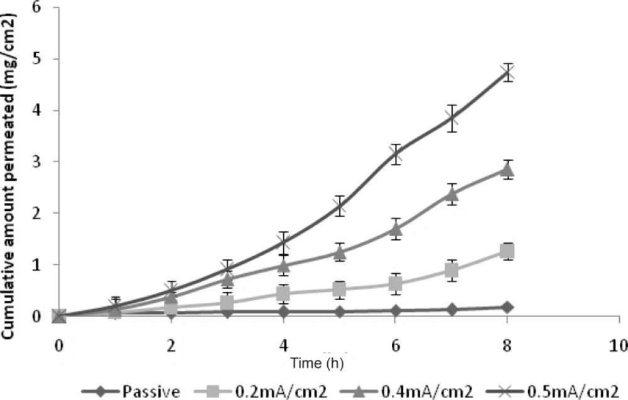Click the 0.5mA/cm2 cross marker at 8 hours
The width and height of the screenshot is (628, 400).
tap(507, 73)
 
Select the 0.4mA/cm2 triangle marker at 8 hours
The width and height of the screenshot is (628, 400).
tap(507, 170)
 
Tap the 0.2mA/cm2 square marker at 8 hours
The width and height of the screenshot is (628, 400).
tap(507, 251)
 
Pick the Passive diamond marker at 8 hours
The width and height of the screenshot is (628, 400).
tap(507, 307)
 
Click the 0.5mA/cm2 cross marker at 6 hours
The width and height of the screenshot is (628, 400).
tap(396, 154)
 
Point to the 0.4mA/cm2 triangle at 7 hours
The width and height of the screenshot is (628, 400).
tap(452, 194)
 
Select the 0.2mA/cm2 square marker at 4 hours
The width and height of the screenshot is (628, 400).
tap(283, 293)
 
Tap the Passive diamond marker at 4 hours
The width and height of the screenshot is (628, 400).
tap(283, 311)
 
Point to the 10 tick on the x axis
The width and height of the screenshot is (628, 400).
tap(619, 345)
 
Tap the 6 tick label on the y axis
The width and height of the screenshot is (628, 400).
tap(39, 9)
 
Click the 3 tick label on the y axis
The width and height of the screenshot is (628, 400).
tap(39, 162)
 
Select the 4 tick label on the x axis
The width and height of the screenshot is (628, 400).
tap(283, 345)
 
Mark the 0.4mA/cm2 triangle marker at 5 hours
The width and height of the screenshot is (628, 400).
tap(340, 252)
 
